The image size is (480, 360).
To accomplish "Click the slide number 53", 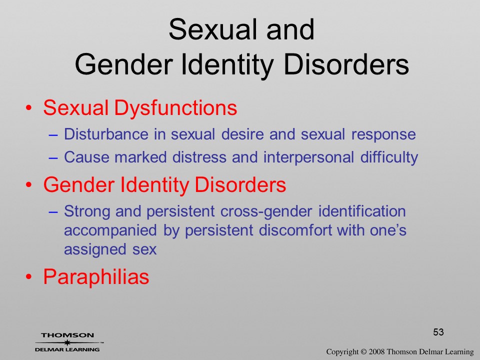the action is (x=438, y=332).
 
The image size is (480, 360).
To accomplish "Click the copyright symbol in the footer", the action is (x=363, y=352).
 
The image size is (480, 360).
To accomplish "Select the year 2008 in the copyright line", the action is (x=376, y=352).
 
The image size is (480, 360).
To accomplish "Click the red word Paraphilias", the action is (x=96, y=276).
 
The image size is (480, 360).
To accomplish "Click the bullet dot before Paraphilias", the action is (x=28, y=276).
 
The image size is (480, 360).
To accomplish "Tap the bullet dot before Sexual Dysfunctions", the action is (x=28, y=108).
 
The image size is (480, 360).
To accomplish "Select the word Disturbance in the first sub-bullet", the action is (x=106, y=134).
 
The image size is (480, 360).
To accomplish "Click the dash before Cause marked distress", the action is (x=53, y=157).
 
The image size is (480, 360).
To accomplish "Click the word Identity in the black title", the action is (x=227, y=65).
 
